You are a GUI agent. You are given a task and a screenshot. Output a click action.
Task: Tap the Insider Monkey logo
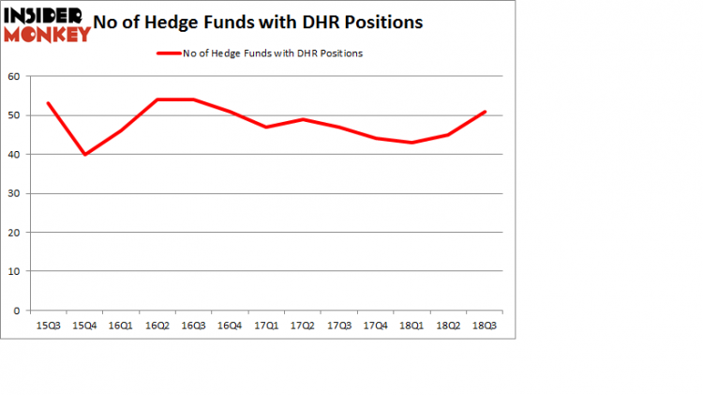coord(47,26)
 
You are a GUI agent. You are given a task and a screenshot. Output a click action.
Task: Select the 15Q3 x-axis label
coord(49,325)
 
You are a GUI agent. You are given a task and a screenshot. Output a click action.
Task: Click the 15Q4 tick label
coord(85,325)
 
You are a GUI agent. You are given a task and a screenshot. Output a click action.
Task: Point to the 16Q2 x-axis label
coord(157,325)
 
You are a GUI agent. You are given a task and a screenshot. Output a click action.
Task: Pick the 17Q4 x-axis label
coord(375,325)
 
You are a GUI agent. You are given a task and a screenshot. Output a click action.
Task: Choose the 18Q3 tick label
coord(484,325)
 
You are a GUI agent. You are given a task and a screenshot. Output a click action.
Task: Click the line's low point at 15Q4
coord(85,154)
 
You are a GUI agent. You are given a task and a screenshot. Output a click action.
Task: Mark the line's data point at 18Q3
coord(484,112)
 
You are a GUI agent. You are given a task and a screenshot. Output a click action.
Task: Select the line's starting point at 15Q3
coord(49,103)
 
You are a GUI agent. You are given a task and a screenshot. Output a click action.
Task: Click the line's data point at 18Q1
coord(411,143)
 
